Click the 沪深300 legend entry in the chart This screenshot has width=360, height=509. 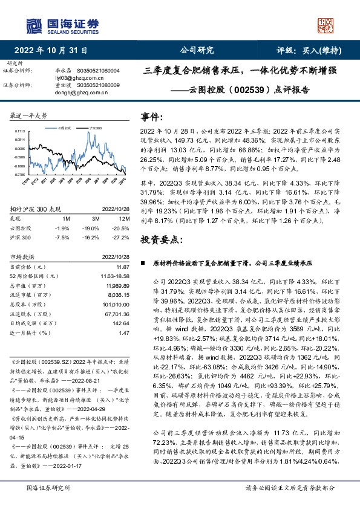tap(93, 128)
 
